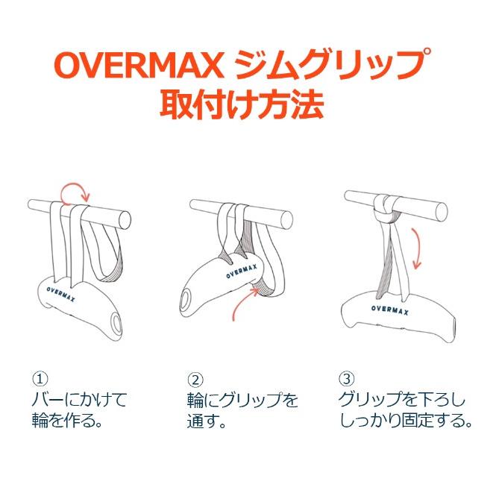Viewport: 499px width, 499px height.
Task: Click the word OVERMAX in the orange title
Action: click(x=139, y=66)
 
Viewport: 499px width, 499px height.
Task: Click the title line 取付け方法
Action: click(x=242, y=104)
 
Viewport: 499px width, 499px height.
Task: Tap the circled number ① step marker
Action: click(x=40, y=379)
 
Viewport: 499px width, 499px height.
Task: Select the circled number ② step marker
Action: click(x=195, y=379)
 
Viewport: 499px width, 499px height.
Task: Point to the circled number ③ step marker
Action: click(x=347, y=379)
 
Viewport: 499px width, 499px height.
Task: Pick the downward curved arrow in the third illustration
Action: click(x=418, y=248)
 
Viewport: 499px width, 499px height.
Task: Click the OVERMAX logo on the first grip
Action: click(x=60, y=295)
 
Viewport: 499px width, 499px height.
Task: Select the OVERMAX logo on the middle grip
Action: click(x=242, y=272)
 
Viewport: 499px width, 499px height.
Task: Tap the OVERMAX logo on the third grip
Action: click(x=390, y=310)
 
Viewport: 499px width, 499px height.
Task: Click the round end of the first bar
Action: click(x=124, y=219)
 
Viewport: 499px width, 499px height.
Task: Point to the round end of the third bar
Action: click(x=441, y=212)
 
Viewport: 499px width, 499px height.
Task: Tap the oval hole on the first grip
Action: click(x=116, y=322)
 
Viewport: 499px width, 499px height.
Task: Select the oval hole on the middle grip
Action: click(x=185, y=302)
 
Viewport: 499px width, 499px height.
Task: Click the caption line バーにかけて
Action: click(x=80, y=400)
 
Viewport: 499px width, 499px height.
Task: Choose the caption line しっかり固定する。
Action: click(x=406, y=421)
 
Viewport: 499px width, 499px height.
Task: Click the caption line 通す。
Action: click(x=207, y=421)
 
